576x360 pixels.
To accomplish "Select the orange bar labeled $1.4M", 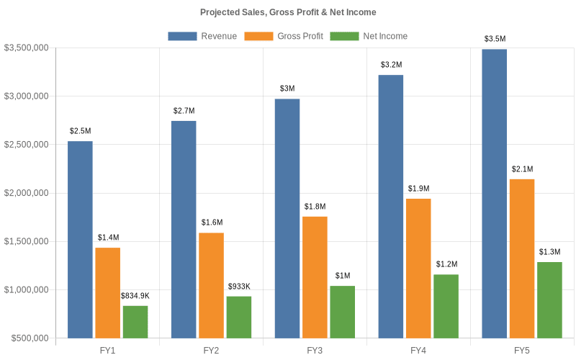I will [x=107, y=292].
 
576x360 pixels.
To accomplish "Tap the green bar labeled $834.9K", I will [x=135, y=321].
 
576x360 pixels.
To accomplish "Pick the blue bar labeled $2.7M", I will [x=184, y=229].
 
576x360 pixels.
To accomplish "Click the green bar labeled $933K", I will [x=239, y=317].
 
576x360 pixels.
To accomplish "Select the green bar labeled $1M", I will [x=342, y=312].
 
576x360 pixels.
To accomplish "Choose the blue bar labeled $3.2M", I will [x=391, y=206].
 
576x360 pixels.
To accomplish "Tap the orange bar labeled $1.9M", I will [x=418, y=268].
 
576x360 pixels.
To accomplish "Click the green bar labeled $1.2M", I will [x=446, y=305].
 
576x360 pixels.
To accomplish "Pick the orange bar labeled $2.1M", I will [x=522, y=258].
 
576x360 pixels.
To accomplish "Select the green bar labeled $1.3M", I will [x=549, y=300].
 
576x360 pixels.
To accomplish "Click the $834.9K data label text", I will [x=135, y=296].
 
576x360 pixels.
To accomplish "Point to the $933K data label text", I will [x=239, y=287].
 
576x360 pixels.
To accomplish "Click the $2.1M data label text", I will [x=522, y=169].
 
